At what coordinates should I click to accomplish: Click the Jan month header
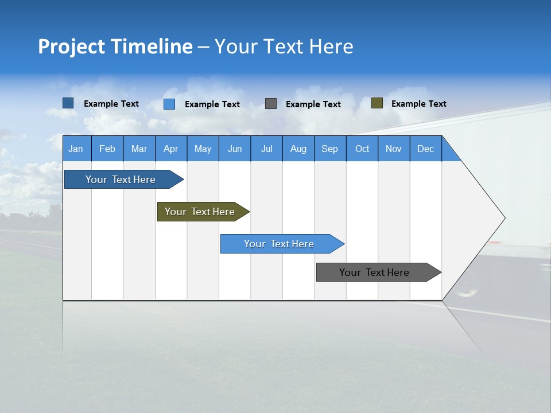[x=76, y=149]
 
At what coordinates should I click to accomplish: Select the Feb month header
[x=107, y=149]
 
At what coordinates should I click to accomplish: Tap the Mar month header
[x=139, y=149]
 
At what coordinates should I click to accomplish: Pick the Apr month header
[x=170, y=149]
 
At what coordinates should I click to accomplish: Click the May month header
[x=203, y=149]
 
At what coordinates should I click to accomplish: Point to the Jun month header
[x=235, y=149]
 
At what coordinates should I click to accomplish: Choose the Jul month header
[x=266, y=149]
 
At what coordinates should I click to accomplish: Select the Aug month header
[x=298, y=149]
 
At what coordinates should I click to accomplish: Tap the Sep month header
[x=330, y=149]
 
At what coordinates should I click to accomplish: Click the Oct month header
[x=362, y=149]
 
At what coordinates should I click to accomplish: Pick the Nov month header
[x=394, y=149]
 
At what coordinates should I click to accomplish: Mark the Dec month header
[x=426, y=149]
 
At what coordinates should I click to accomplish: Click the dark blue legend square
[x=68, y=103]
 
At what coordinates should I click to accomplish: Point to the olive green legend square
[x=377, y=103]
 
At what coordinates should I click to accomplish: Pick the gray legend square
[x=271, y=103]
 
